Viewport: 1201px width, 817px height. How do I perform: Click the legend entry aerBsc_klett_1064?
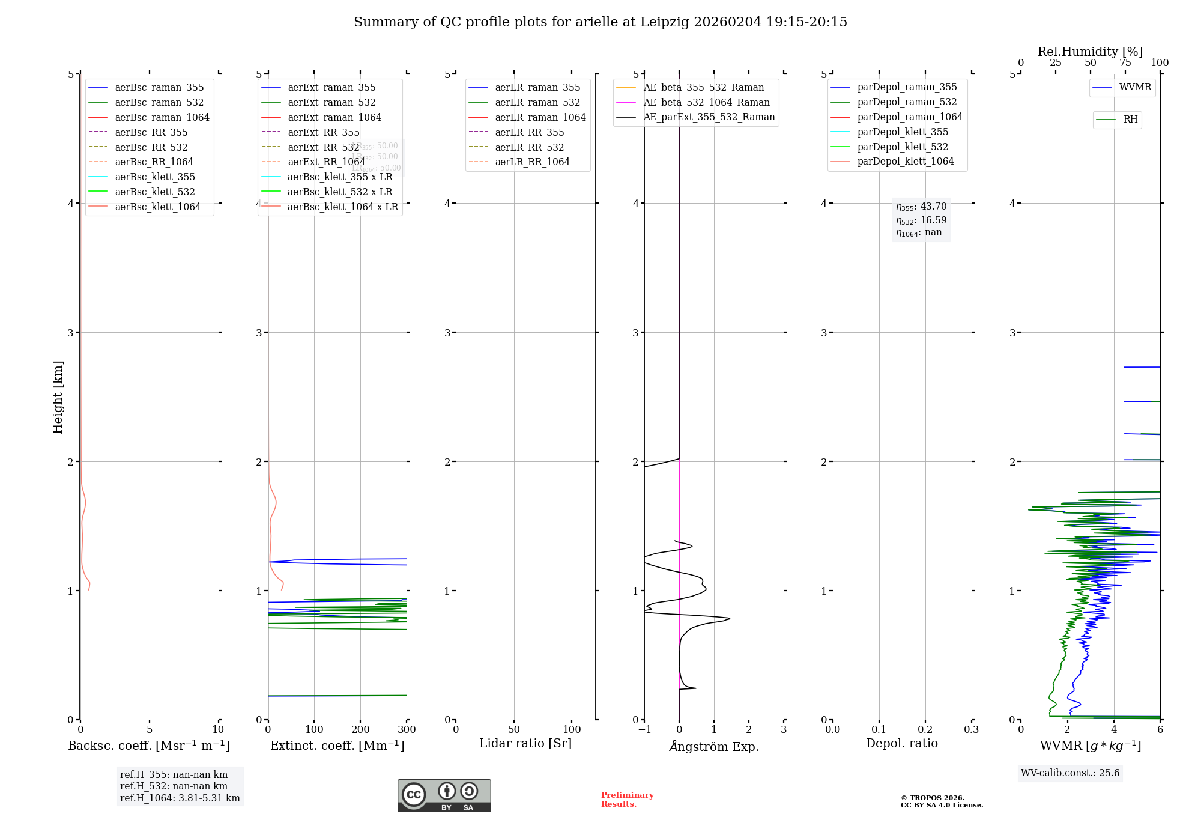(158, 207)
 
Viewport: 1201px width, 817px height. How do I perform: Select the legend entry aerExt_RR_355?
(323, 132)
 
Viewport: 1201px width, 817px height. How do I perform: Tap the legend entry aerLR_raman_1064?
(540, 117)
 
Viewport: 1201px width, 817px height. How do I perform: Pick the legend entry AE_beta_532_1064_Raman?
(706, 102)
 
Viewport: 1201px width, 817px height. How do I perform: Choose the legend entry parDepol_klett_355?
(903, 132)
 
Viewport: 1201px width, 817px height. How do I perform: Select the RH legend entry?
(1130, 120)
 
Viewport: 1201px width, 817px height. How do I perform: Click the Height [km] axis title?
(58, 397)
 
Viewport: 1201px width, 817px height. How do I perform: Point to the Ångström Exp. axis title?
(714, 746)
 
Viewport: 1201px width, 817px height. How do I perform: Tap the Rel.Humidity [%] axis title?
(1090, 52)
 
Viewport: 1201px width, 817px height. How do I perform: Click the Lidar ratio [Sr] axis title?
(525, 743)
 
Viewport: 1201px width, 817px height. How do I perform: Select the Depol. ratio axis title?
(901, 743)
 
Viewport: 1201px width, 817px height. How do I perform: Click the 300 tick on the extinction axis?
(407, 730)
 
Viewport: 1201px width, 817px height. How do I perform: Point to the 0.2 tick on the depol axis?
(925, 730)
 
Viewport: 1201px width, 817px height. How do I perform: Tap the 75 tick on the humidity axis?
(1125, 63)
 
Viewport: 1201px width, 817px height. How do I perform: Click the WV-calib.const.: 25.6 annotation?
(1070, 773)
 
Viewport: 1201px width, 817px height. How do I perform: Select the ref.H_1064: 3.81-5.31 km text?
(180, 798)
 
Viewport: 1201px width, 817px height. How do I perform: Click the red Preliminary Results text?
(627, 799)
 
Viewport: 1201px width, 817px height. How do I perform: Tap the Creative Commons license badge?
(444, 795)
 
